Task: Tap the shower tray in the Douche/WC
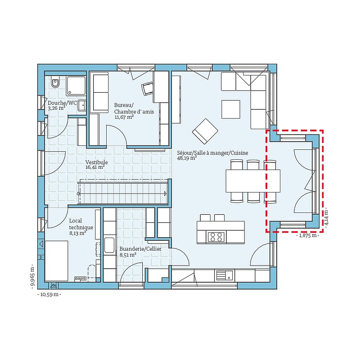pyautogui.click(x=76, y=85)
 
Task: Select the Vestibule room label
pyautogui.click(x=96, y=162)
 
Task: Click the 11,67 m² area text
pyautogui.click(x=124, y=117)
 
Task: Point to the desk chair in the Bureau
pyautogui.click(x=147, y=88)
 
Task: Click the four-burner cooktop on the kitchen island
pyautogui.click(x=216, y=237)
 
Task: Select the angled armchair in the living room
pyautogui.click(x=205, y=130)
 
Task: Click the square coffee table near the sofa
pyautogui.click(x=231, y=109)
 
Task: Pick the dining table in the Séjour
pyautogui.click(x=253, y=181)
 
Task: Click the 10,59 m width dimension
pyautogui.click(x=49, y=294)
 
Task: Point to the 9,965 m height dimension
pyautogui.click(x=32, y=276)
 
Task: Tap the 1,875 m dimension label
pyautogui.click(x=307, y=235)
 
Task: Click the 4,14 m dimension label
pyautogui.click(x=327, y=217)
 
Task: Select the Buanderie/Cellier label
pyautogui.click(x=140, y=249)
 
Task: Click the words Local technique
pyautogui.click(x=81, y=224)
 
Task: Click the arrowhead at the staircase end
pyautogui.click(x=165, y=194)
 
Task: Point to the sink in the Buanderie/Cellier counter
pyautogui.click(x=109, y=245)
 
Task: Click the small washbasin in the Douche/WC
pyautogui.click(x=82, y=106)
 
